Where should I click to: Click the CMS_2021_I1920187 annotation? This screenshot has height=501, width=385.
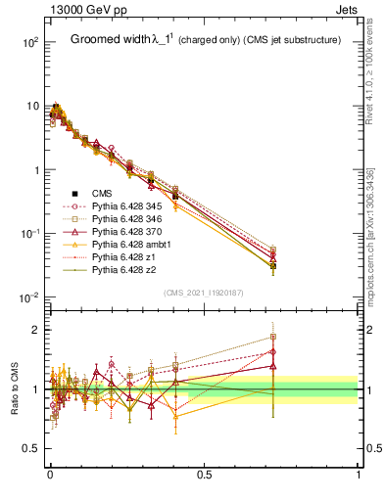[x=204, y=291]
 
